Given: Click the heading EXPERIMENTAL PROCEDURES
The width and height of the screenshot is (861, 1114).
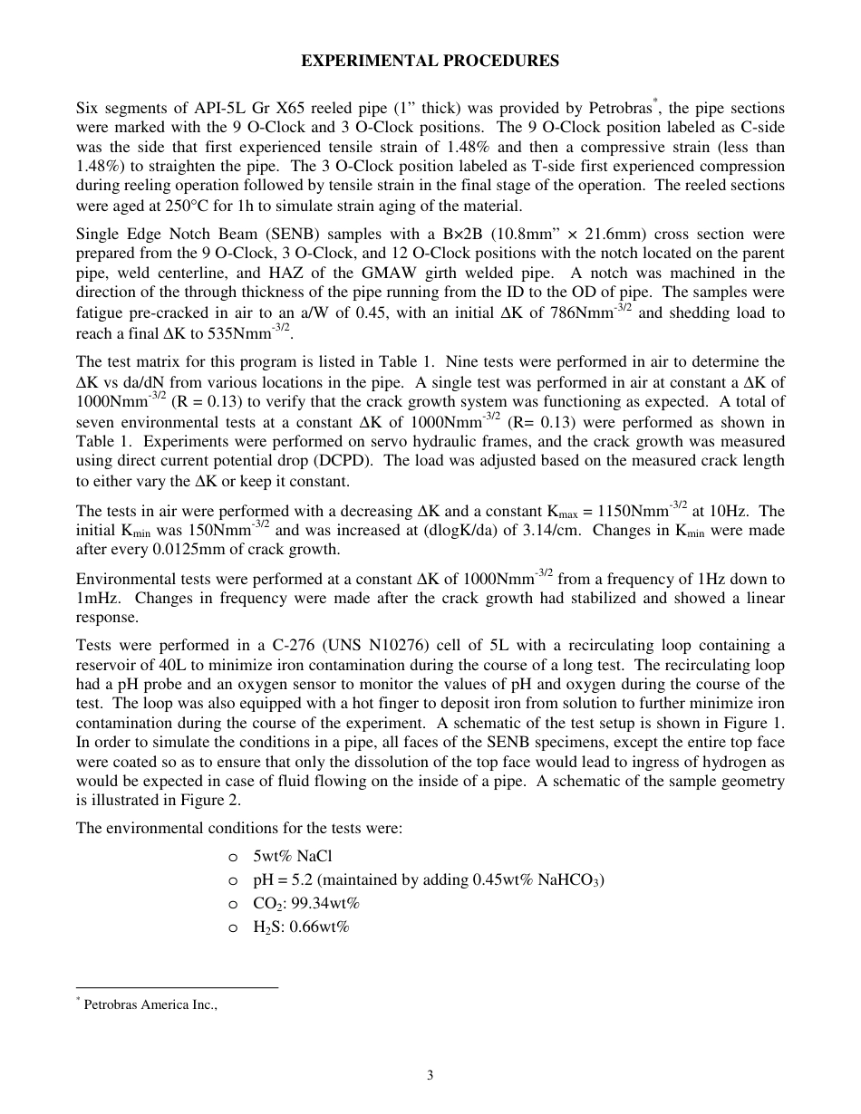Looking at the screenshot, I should point(430,62).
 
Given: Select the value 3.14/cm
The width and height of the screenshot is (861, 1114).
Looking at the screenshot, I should point(550,531).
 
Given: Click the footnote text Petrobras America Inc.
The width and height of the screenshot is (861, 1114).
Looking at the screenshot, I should point(150,1004).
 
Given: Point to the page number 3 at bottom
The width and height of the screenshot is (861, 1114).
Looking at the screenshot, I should point(430,1076).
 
